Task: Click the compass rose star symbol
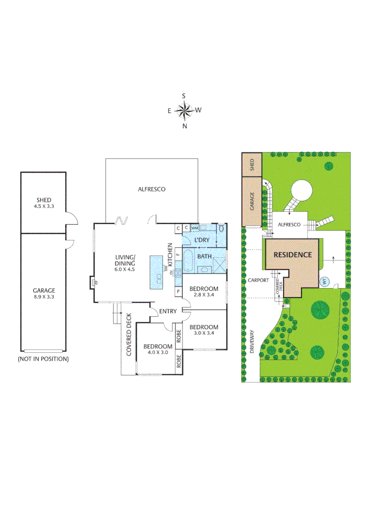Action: tap(184, 111)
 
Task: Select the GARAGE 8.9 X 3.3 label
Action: tap(44, 294)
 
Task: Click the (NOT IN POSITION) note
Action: tap(43, 359)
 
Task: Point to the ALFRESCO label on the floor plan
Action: tap(152, 189)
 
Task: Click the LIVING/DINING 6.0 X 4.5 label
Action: tap(125, 263)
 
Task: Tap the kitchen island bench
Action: tap(157, 273)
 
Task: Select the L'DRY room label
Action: tap(201, 240)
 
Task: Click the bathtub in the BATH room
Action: tap(188, 261)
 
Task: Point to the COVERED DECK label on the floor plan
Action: tap(129, 335)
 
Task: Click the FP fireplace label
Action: tap(96, 282)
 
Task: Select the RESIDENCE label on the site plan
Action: tap(293, 255)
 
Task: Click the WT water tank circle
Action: tap(325, 281)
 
